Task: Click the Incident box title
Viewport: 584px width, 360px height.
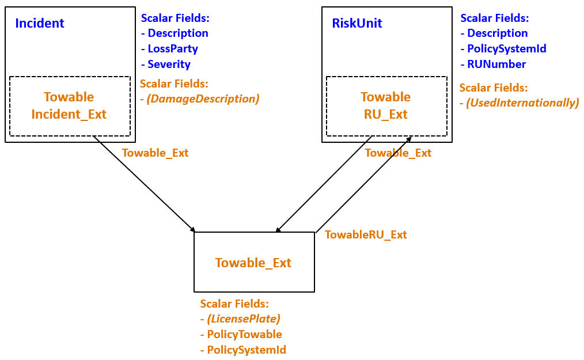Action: (40, 24)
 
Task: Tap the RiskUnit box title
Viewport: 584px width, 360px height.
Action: (357, 24)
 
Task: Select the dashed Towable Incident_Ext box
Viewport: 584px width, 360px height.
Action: (69, 106)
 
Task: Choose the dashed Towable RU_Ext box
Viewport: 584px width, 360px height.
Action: (386, 106)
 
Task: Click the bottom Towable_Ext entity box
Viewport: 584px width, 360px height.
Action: (254, 263)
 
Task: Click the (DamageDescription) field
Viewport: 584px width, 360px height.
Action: (202, 99)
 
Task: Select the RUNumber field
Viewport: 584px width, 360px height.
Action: (496, 65)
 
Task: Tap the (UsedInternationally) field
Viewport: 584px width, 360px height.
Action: (522, 103)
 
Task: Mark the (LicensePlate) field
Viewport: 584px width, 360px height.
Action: (244, 319)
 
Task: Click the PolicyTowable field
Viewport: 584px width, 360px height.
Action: (244, 334)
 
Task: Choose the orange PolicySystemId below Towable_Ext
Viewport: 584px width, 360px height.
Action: (247, 350)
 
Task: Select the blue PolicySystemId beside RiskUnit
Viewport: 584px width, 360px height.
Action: (506, 49)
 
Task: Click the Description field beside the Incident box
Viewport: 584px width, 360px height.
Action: (177, 33)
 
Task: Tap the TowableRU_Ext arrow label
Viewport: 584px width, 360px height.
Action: (366, 234)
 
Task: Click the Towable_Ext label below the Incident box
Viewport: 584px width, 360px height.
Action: (155, 153)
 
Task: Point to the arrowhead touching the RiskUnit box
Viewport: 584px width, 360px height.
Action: (409, 140)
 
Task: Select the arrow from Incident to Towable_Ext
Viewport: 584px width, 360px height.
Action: (144, 184)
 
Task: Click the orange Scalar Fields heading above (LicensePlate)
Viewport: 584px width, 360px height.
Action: (234, 304)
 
